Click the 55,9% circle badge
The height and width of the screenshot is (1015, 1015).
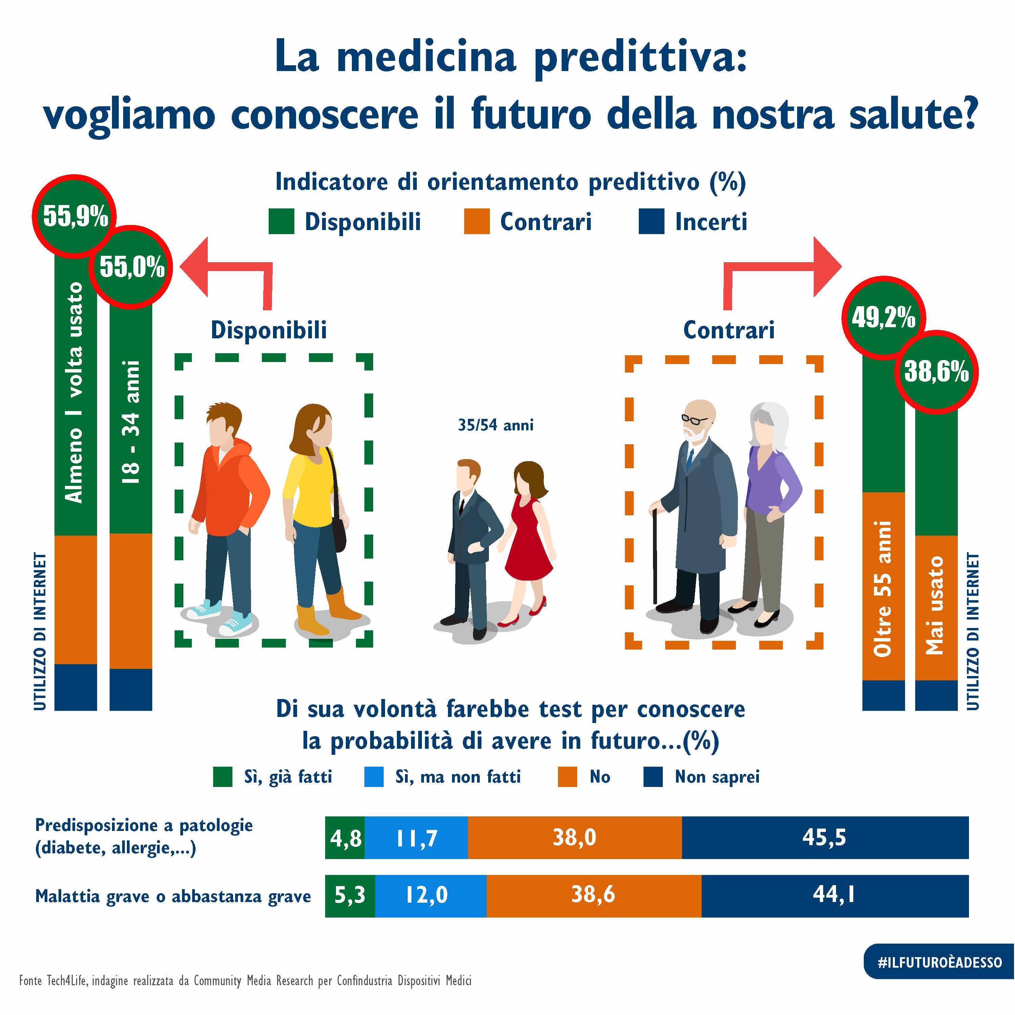74,216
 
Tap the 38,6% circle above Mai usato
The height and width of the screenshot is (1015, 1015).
936,371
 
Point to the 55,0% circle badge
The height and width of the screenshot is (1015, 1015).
131,266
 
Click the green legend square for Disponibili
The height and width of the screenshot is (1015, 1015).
281,221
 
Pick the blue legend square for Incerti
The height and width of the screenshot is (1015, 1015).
651,221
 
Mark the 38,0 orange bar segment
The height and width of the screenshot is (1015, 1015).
574,837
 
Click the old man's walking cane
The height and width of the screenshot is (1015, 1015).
655,557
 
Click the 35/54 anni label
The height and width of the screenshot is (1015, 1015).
495,425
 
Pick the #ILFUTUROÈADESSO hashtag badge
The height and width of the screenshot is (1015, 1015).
939,962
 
